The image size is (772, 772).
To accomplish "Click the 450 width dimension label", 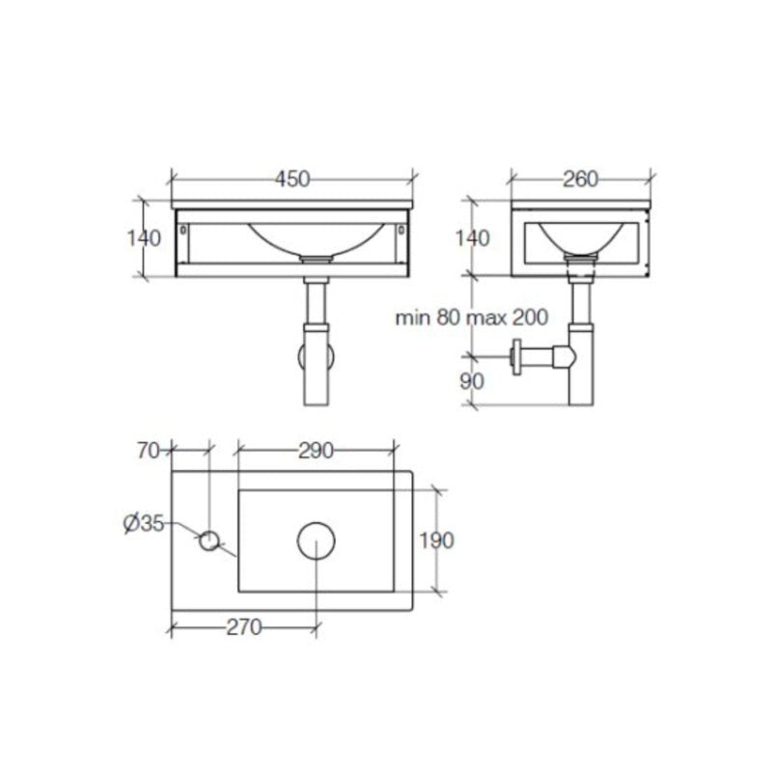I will pos(292,179).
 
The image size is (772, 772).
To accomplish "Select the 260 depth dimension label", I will pos(581,179).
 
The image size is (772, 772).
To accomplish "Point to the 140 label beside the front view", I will pos(144,238).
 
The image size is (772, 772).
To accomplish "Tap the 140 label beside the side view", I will pos(473,238).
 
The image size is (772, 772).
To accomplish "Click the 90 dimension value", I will pos(472,380).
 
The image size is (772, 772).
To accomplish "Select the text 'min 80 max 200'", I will pos(472,317).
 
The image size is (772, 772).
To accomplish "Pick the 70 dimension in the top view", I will pos(149,450).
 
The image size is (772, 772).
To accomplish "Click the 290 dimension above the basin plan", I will pos(316,450).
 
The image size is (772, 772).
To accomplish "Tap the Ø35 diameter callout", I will pos(144,524).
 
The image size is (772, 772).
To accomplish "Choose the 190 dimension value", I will pos(437,540).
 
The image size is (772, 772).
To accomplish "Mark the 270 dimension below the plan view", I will pos(244,627).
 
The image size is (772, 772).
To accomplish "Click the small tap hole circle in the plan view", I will pos(209,541).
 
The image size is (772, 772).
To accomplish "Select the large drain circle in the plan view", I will pos(316,541).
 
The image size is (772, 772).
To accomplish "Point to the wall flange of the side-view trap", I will pos(518,357).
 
